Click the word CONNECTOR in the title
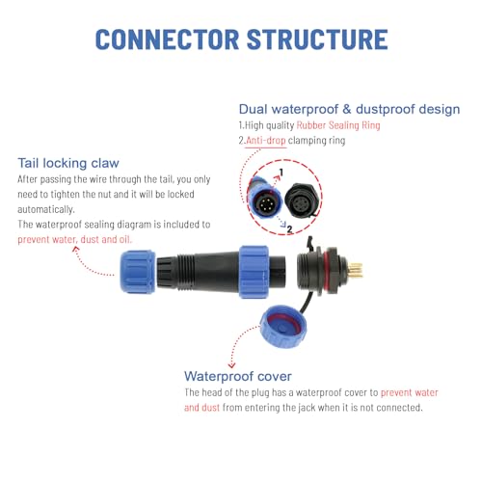pyautogui.click(x=167, y=40)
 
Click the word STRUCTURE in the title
pyautogui.click(x=317, y=40)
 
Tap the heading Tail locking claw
pyautogui.click(x=68, y=163)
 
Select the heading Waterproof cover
pyautogui.click(x=238, y=376)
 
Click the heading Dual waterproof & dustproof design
pyautogui.click(x=349, y=110)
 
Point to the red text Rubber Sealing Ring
pyautogui.click(x=338, y=125)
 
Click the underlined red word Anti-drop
pyautogui.click(x=266, y=141)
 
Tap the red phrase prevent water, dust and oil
pyautogui.click(x=74, y=239)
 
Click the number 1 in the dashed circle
pyautogui.click(x=281, y=173)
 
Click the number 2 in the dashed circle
pyautogui.click(x=289, y=229)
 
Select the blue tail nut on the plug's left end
pyautogui.click(x=138, y=272)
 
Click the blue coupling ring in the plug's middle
pyautogui.click(x=254, y=272)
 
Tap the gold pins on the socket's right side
pyautogui.click(x=356, y=270)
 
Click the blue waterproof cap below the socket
pyautogui.click(x=282, y=327)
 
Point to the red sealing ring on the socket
pyautogui.click(x=324, y=271)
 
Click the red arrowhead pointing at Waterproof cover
pyautogui.click(x=231, y=365)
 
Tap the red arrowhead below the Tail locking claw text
pyautogui.click(x=76, y=249)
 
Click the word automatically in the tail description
pyautogui.click(x=46, y=209)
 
